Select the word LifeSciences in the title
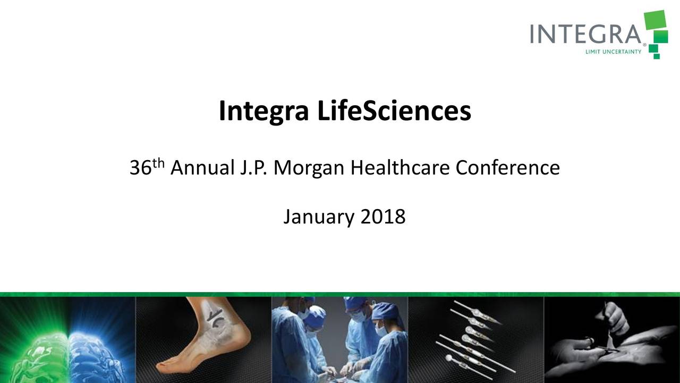pyautogui.click(x=394, y=111)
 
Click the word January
pyautogui.click(x=319, y=217)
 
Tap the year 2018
pyautogui.click(x=383, y=217)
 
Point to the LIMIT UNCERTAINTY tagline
pyautogui.click(x=613, y=52)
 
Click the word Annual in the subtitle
pyautogui.click(x=202, y=169)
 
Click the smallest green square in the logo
pyautogui.click(x=657, y=55)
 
